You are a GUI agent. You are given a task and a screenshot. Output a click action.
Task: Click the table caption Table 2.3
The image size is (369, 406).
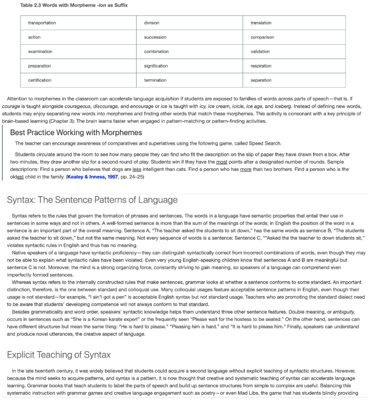(74, 5)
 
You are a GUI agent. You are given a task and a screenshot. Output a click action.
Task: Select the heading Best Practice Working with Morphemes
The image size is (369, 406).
(76, 132)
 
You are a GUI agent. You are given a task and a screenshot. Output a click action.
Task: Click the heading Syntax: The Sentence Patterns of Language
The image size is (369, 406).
(92, 200)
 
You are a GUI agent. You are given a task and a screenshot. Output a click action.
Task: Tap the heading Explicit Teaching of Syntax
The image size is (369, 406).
(59, 354)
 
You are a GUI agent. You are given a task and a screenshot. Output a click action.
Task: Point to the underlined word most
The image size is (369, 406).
(221, 162)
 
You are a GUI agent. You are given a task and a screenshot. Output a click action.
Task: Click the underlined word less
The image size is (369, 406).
(137, 169)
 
